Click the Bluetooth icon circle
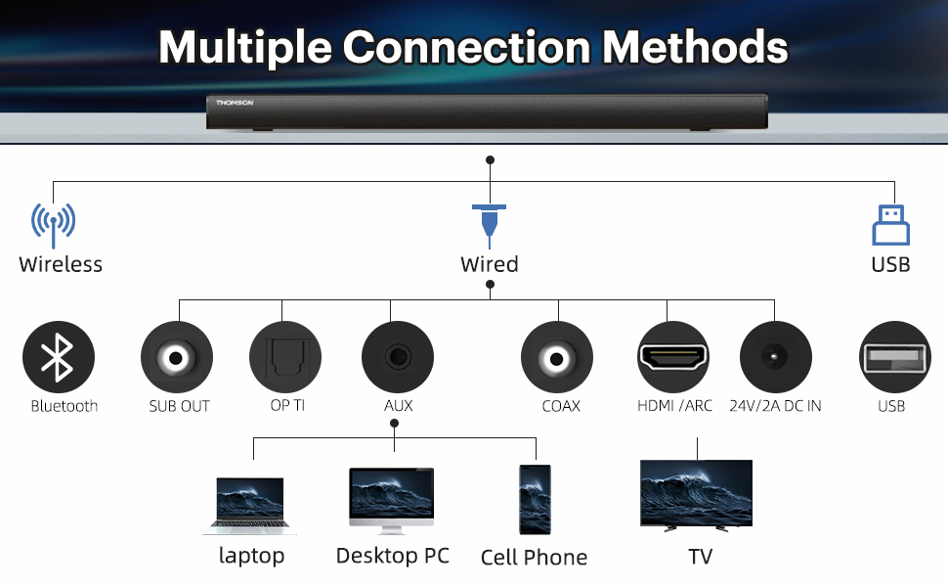(59, 357)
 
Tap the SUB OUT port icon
(177, 357)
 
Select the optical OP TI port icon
(285, 357)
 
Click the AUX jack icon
(398, 357)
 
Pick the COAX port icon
(557, 357)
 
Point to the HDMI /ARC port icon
(673, 357)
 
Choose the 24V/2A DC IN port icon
(776, 357)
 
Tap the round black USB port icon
(895, 357)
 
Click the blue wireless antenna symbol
(53, 225)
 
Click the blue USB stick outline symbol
(890, 224)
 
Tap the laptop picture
(249, 506)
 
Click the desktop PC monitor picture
(392, 501)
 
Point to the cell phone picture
(535, 499)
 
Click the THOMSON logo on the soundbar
(235, 103)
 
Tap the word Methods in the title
(695, 47)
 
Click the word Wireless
(61, 264)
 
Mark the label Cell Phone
(534, 557)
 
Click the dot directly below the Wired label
(491, 285)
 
